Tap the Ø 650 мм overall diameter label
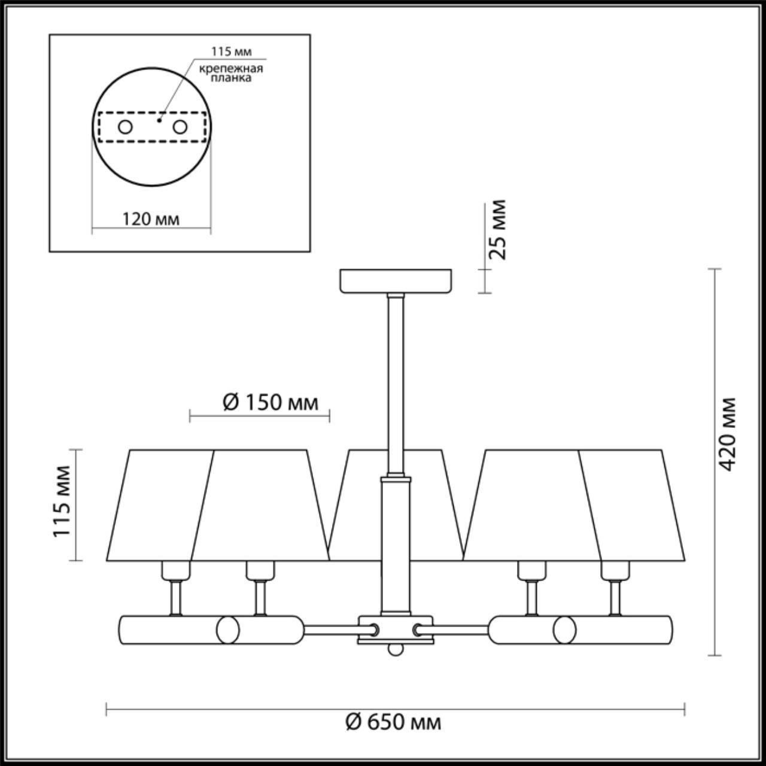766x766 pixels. [393, 722]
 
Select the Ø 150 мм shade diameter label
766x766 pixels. [270, 403]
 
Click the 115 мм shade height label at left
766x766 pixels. [63, 501]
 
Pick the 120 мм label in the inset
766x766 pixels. [151, 219]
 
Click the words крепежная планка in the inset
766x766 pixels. [231, 74]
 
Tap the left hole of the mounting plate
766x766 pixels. [125, 127]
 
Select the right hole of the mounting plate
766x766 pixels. [180, 127]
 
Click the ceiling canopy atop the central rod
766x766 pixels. [396, 281]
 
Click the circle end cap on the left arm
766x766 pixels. [228, 630]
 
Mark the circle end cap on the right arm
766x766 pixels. [564, 630]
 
